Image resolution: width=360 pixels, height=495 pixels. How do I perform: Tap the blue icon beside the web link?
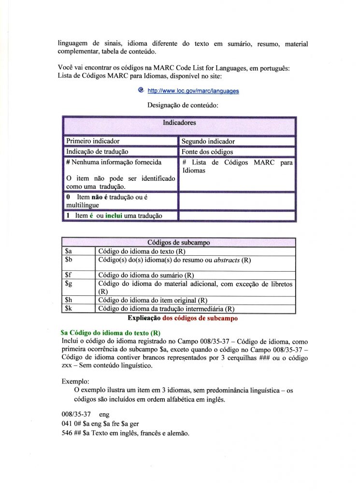[141, 90]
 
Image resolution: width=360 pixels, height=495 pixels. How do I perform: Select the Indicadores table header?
[179, 123]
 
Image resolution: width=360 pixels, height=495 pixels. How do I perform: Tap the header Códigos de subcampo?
[178, 243]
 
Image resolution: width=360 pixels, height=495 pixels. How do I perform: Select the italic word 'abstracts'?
[227, 260]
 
